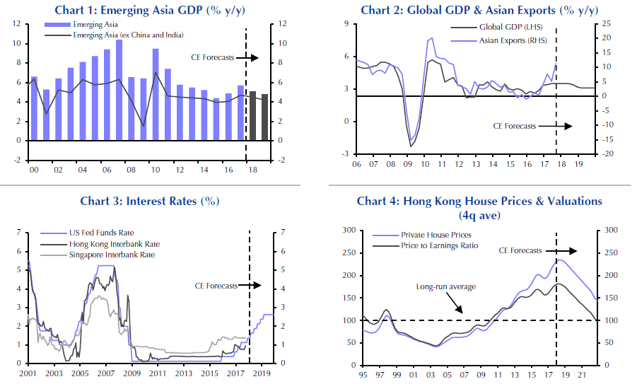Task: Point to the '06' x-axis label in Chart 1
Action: point(106,170)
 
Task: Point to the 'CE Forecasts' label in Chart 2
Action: point(514,127)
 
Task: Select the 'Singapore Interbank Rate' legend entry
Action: point(114,255)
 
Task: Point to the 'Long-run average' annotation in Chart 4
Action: point(445,286)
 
